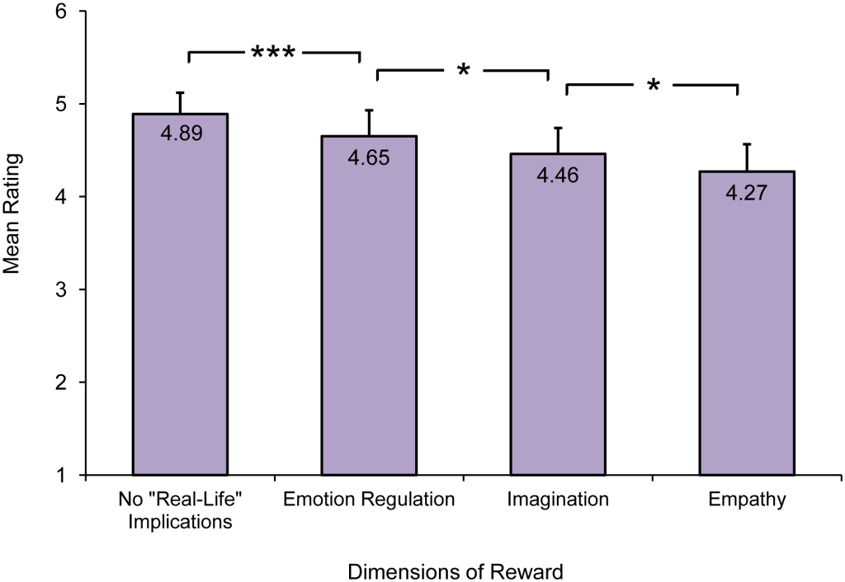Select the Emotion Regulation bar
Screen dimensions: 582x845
click(x=369, y=313)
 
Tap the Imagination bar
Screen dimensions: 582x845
click(x=559, y=322)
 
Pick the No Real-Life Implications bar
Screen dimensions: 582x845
click(x=180, y=305)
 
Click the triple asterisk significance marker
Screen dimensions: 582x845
click(x=274, y=54)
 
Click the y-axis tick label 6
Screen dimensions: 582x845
click(x=62, y=12)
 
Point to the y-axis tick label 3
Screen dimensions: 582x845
click(x=62, y=290)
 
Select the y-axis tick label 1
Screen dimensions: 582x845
click(x=62, y=476)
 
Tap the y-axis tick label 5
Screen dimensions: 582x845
click(x=62, y=105)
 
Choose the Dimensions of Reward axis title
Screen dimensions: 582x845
click(x=456, y=570)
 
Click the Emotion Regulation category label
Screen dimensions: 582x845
click(x=369, y=500)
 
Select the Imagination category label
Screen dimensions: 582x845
click(x=559, y=500)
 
